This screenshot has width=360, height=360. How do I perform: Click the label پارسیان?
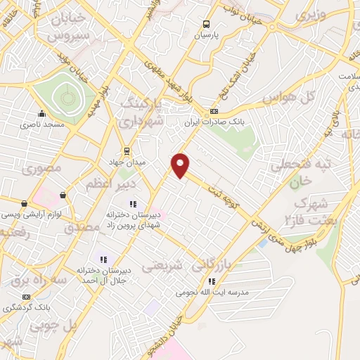(207, 34)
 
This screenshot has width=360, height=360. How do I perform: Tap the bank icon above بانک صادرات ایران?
(214, 111)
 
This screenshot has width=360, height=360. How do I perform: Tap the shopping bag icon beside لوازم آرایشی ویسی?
(64, 195)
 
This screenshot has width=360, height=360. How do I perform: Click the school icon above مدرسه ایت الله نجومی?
(212, 281)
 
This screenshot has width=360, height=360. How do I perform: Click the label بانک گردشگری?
(26, 308)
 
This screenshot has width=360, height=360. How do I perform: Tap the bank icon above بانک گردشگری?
(27, 297)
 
